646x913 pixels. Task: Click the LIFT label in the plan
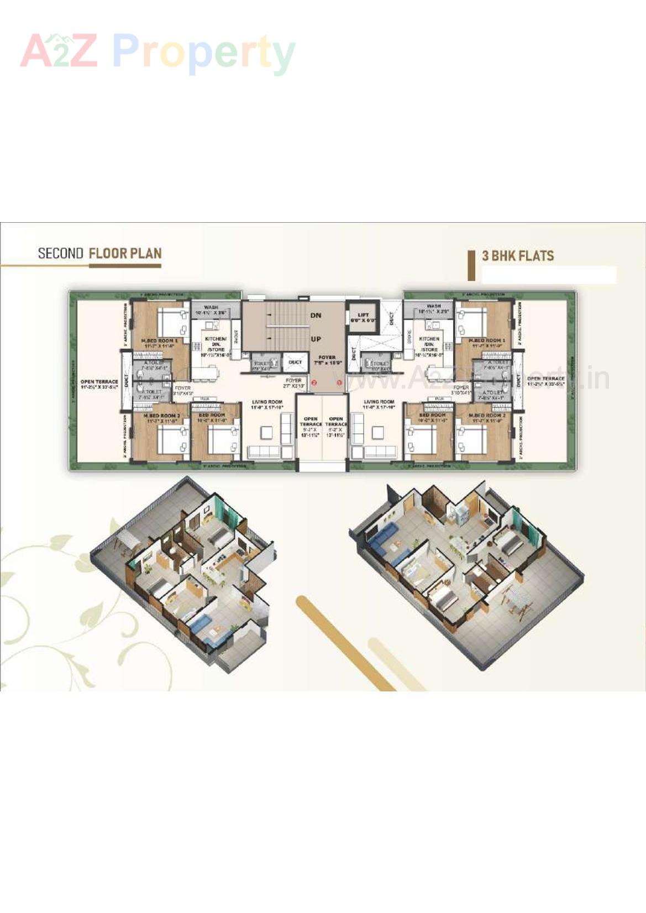pyautogui.click(x=363, y=315)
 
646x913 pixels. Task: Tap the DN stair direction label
pyautogui.click(x=316, y=316)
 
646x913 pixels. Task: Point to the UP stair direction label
pyautogui.click(x=316, y=339)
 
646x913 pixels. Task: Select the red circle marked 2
pyautogui.click(x=314, y=382)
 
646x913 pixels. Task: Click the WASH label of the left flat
pyautogui.click(x=211, y=307)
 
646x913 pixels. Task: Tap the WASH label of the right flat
pyautogui.click(x=434, y=306)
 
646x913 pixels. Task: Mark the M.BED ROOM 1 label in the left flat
pyautogui.click(x=159, y=340)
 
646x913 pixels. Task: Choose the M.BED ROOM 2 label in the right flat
pyautogui.click(x=487, y=415)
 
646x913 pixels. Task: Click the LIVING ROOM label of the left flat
pyautogui.click(x=267, y=402)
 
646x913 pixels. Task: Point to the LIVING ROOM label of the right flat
pyautogui.click(x=379, y=402)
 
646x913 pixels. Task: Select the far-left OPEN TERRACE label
pyautogui.click(x=99, y=382)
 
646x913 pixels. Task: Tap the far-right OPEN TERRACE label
pyautogui.click(x=546, y=379)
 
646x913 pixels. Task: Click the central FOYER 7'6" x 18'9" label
pyautogui.click(x=327, y=358)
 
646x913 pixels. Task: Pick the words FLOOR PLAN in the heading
pyautogui.click(x=125, y=254)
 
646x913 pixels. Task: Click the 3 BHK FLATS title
pyautogui.click(x=518, y=256)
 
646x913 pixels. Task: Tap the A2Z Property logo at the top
pyautogui.click(x=157, y=52)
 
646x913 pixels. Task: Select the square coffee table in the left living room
pyautogui.click(x=267, y=432)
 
